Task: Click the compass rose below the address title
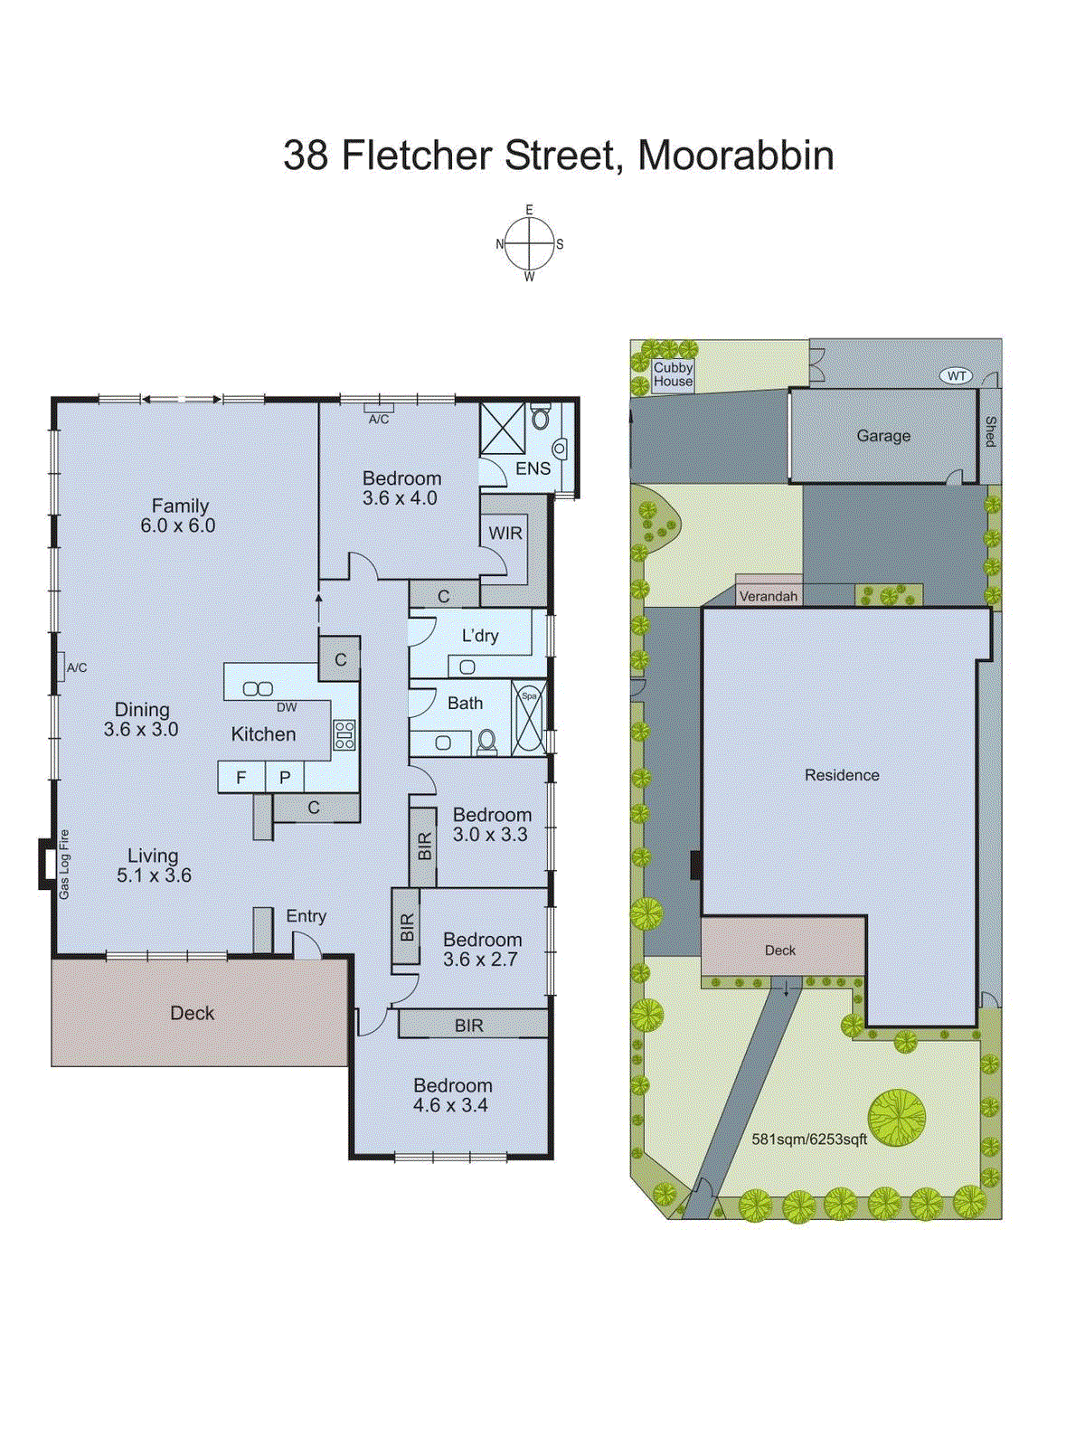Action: point(529,244)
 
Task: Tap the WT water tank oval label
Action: point(957,375)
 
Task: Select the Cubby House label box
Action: point(673,374)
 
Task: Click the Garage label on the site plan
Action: point(883,436)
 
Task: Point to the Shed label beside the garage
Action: point(990,431)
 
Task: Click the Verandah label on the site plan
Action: point(769,596)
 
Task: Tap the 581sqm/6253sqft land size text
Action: point(809,1140)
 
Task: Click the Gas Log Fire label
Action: point(64,865)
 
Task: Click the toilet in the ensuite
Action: point(541,418)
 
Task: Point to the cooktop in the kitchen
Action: point(344,734)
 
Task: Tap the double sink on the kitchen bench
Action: point(258,689)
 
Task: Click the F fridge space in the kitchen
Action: point(241,777)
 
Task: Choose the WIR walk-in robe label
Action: point(505,534)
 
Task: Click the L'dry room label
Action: point(480,636)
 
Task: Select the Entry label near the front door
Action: point(306,916)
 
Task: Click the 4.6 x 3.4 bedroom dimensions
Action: point(450,1105)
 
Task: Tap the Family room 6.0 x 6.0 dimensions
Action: point(177,525)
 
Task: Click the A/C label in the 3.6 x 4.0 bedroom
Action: point(379,420)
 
